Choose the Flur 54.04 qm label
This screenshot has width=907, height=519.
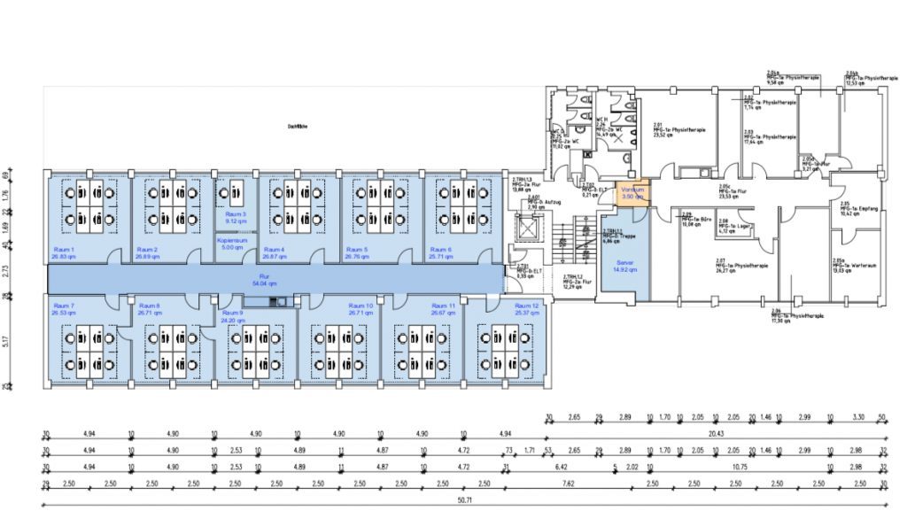coord(266,281)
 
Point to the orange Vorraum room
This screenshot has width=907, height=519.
coord(633,193)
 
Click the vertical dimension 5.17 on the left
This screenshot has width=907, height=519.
coord(7,340)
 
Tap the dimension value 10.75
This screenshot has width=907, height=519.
coord(738,466)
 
